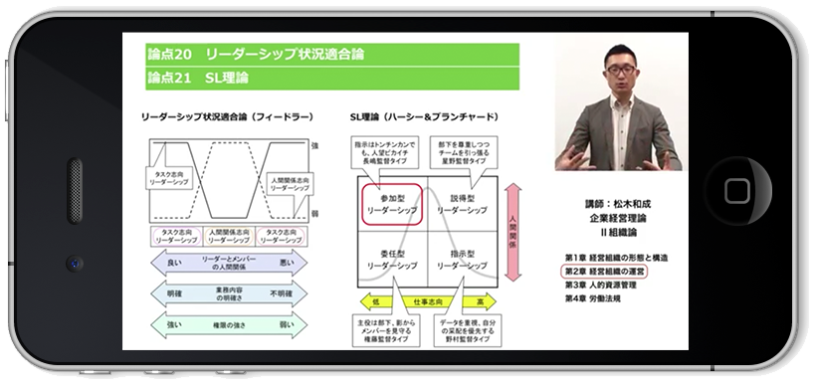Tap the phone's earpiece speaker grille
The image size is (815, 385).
76,190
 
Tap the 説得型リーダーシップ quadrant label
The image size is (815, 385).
464,205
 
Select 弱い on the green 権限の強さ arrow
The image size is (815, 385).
286,324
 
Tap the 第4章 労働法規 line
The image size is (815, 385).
597,297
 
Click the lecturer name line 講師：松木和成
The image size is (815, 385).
613,203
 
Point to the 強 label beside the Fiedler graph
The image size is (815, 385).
315,146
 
